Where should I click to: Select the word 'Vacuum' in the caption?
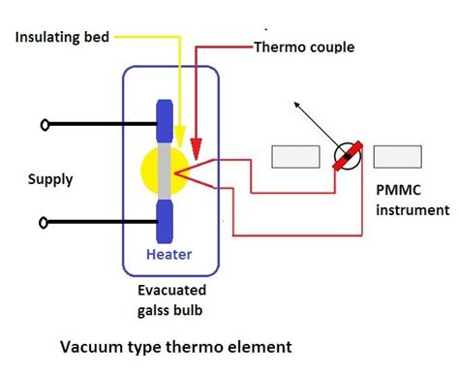pyautogui.click(x=93, y=346)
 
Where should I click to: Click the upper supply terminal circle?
pyautogui.click(x=43, y=125)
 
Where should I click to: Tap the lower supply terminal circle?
pyautogui.click(x=43, y=223)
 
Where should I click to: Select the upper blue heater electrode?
pyautogui.click(x=164, y=124)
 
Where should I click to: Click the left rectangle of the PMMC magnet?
pyautogui.click(x=294, y=155)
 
